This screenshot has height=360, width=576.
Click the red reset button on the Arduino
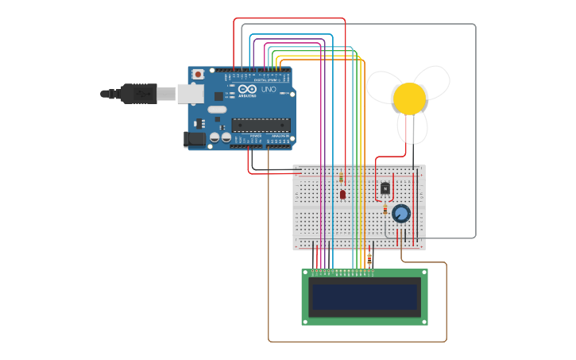pos(197,75)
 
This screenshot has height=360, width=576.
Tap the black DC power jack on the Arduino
pos(195,139)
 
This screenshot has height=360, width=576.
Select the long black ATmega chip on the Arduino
pos(261,125)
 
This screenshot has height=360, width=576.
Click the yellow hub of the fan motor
pos(409,98)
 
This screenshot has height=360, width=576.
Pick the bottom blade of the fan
pos(412,127)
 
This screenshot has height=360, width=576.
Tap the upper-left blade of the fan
pos(383,85)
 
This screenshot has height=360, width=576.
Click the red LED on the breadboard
pos(342,194)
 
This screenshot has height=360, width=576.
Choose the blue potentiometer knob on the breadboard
pos(401,213)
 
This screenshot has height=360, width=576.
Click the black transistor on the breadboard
pos(385,188)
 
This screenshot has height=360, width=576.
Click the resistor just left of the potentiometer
pos(385,210)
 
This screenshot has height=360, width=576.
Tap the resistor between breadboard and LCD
pos(369,257)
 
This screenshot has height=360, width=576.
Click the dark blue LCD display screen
pos(365,296)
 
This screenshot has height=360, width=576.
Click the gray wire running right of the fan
pos(475,127)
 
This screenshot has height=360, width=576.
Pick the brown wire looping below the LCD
pos(358,342)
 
